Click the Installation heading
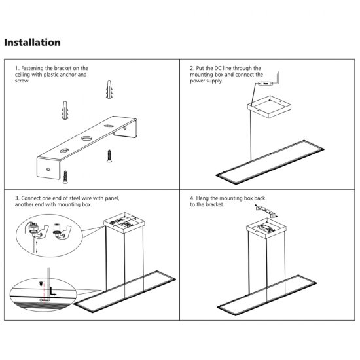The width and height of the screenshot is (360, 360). (x=33, y=43)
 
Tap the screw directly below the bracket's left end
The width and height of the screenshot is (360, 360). (x=65, y=175)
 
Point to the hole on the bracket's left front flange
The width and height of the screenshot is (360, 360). (x=48, y=166)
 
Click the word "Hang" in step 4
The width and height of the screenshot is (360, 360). (x=202, y=198)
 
